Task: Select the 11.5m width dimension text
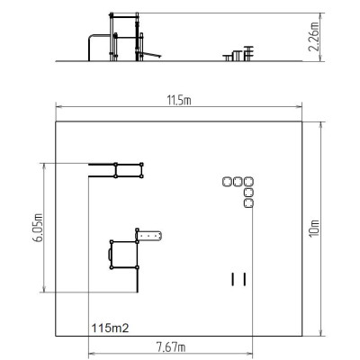(x=179, y=101)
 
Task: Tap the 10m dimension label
(x=314, y=229)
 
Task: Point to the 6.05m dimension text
(x=38, y=228)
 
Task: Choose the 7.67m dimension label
(x=171, y=347)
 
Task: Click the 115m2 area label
(x=110, y=328)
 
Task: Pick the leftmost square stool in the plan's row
(x=227, y=182)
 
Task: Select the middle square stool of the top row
(x=238, y=182)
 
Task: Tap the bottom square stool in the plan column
(x=248, y=203)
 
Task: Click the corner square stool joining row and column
(x=248, y=182)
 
